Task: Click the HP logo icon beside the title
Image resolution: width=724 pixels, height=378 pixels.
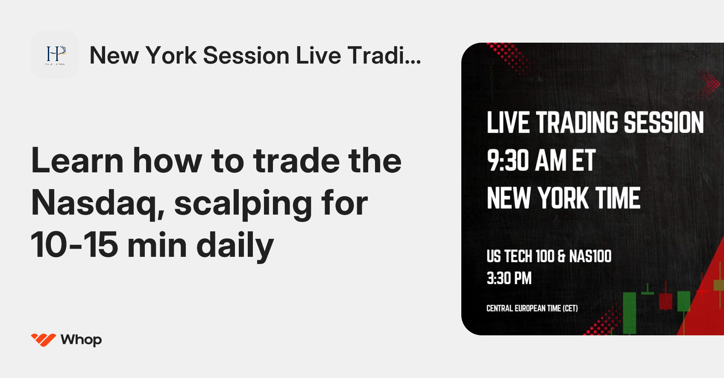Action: coord(55,55)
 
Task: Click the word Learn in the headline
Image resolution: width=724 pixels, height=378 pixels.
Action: coord(77,161)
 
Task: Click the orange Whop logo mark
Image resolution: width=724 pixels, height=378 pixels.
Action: coord(43,340)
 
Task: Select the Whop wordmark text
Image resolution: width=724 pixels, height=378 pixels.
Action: coord(81,340)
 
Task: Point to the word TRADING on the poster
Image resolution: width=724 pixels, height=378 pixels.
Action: coord(577,123)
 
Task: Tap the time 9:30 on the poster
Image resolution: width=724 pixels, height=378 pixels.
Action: coord(508,161)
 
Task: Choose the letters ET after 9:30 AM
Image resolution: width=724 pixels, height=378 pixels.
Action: coord(583,161)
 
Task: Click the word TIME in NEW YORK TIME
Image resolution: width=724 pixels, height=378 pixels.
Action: coord(618,198)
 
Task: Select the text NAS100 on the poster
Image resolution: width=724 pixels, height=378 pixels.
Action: coord(590,256)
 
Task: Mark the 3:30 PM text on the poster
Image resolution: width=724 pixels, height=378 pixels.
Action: coord(509,279)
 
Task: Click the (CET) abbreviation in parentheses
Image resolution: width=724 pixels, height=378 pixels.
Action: coord(570,308)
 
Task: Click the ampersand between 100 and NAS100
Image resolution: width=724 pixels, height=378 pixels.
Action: coord(561,256)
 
